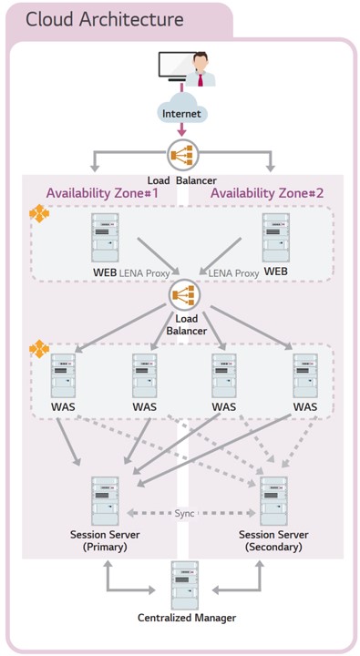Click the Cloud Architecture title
click(105, 20)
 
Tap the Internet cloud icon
click(181, 109)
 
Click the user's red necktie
click(201, 78)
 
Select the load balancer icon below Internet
click(182, 155)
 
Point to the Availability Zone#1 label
click(102, 193)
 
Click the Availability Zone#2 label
click(267, 193)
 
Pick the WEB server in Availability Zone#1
click(105, 238)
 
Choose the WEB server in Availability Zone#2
click(276, 238)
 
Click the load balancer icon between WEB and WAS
click(185, 295)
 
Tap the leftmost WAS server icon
click(63, 375)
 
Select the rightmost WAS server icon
click(305, 375)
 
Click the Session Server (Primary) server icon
click(105, 501)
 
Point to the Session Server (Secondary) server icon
click(273, 501)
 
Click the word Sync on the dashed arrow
click(184, 513)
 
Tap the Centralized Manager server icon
click(185, 586)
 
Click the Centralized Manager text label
click(187, 618)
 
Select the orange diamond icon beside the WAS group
click(39, 349)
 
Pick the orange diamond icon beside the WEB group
click(39, 213)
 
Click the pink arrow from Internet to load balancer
click(181, 129)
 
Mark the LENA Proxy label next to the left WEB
click(144, 273)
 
